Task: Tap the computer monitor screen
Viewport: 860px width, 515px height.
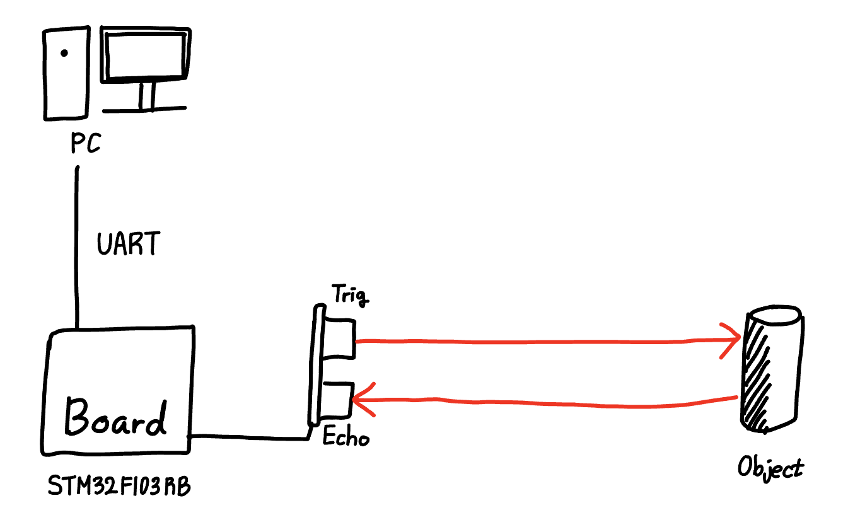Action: coord(146,56)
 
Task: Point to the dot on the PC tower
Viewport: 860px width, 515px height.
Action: coord(64,54)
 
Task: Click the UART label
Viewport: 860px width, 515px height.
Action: coord(129,244)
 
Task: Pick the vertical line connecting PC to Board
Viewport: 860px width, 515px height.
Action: coord(77,246)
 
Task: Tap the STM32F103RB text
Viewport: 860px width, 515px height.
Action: coord(120,487)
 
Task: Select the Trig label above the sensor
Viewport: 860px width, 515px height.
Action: coord(350,294)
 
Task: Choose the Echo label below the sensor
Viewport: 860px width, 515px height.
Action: coord(346,437)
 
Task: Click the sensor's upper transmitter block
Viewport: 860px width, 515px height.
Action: coord(340,339)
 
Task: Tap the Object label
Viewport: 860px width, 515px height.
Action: coord(770,469)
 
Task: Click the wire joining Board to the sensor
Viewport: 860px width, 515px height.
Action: coord(252,436)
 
